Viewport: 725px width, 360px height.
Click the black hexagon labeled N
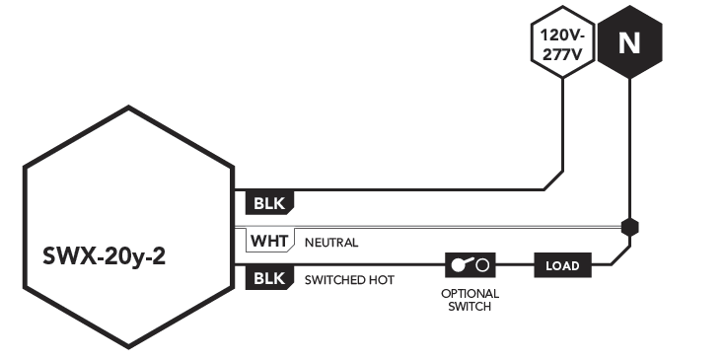[629, 42]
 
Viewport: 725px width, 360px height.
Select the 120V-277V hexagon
[562, 42]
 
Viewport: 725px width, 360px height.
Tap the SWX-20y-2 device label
[104, 256]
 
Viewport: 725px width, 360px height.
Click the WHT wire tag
[270, 241]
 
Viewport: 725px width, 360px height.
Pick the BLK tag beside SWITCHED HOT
[269, 279]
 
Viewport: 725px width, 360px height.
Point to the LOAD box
[562, 265]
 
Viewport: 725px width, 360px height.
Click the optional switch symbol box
[471, 265]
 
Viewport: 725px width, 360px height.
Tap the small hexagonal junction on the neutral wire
[629, 228]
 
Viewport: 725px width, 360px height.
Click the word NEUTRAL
[331, 243]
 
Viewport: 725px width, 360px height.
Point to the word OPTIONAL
[470, 294]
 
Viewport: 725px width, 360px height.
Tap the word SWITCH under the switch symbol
[470, 307]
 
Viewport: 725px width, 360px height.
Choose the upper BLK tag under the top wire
[269, 203]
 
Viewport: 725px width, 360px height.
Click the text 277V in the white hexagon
[562, 55]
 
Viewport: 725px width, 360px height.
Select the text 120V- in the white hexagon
[562, 36]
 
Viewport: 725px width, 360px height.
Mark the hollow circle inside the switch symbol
[482, 265]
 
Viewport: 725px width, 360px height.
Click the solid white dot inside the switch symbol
[459, 265]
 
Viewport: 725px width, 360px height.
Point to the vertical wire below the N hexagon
[629, 148]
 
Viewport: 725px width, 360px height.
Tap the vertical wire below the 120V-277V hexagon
[562, 124]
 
